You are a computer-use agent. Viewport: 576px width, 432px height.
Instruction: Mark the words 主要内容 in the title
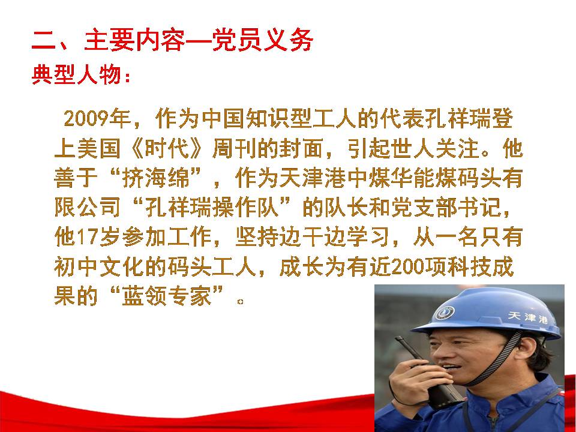pos(134,40)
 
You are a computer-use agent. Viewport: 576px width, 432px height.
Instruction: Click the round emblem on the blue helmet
pos(445,313)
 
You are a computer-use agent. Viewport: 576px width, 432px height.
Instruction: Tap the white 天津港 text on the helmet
pos(527,317)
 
